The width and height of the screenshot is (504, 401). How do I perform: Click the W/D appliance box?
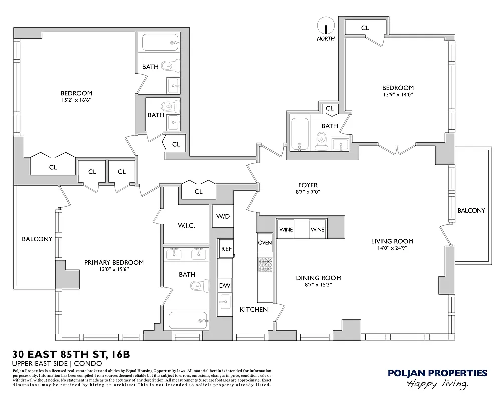point(223,216)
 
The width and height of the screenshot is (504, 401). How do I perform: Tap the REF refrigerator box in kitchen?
point(226,248)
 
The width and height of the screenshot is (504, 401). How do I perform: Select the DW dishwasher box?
point(225,286)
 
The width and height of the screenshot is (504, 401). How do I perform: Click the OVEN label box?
point(265,242)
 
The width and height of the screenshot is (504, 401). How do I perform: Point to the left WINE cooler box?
point(286,229)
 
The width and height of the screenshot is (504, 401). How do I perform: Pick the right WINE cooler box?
point(317,229)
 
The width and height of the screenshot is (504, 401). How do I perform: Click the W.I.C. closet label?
point(187,225)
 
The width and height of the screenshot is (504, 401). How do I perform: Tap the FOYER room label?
point(308,185)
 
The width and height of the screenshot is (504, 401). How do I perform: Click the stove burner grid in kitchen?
point(265,264)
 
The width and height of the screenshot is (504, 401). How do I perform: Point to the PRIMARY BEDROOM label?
point(114,262)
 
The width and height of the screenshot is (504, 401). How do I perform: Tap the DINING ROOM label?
point(318,278)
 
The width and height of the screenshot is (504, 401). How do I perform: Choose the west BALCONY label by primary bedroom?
point(37,239)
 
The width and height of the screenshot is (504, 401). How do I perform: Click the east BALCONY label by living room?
point(471,211)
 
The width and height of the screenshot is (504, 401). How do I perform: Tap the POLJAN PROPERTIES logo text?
point(437,373)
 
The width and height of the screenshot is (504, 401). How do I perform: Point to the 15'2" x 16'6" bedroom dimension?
point(76,100)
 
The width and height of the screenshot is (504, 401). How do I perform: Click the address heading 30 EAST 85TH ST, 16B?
point(71,355)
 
